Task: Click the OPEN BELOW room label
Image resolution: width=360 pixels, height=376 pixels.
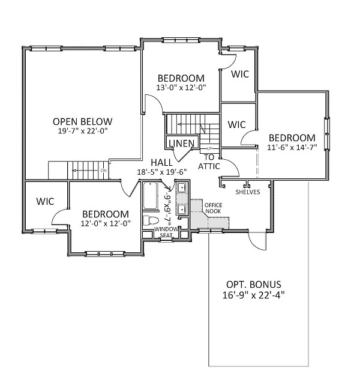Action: click(x=82, y=121)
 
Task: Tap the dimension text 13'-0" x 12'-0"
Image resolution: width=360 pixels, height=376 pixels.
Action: click(x=181, y=88)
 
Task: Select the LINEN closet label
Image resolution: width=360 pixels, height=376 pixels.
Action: click(x=182, y=143)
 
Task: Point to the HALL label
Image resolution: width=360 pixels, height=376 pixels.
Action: click(x=161, y=162)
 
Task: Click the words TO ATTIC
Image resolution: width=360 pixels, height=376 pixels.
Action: click(x=209, y=162)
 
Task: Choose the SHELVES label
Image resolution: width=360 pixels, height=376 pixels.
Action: click(x=248, y=192)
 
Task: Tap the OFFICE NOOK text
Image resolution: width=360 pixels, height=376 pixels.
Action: click(x=213, y=208)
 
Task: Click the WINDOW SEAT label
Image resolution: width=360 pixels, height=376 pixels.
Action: click(x=166, y=232)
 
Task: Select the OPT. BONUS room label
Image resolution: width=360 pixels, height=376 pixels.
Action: click(x=254, y=284)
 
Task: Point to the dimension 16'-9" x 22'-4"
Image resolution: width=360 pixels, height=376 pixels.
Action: click(x=254, y=295)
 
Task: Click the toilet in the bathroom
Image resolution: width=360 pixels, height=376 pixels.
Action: click(x=151, y=220)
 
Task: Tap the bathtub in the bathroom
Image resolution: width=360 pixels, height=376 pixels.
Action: click(x=150, y=196)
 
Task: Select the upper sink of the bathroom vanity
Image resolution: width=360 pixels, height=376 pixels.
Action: click(x=182, y=187)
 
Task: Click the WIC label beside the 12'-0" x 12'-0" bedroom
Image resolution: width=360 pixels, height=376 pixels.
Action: click(x=45, y=201)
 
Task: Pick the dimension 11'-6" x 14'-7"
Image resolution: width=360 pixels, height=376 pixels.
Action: click(x=292, y=147)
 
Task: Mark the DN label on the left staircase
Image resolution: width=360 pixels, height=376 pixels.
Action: click(x=103, y=171)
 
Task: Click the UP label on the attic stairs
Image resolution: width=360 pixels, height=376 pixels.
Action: click(x=209, y=148)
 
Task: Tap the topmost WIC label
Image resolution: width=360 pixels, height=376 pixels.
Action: click(x=240, y=74)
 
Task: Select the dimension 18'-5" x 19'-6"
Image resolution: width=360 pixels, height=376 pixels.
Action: click(x=162, y=172)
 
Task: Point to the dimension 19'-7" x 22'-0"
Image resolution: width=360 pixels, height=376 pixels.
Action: click(x=83, y=131)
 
